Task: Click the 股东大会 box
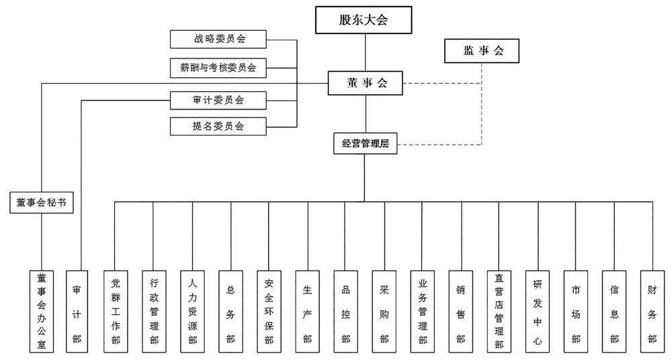tap(364, 20)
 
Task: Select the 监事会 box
tap(482, 52)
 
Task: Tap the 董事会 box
tap(367, 83)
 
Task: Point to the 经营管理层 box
tap(365, 144)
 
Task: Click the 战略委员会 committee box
tap(218, 40)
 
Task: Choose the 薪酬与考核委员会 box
tap(218, 68)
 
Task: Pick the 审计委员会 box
tap(218, 101)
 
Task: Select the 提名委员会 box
tap(218, 126)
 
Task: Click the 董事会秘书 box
tap(42, 203)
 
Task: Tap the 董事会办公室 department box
tap(42, 311)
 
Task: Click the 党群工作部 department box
tap(115, 311)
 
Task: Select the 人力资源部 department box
tap(192, 311)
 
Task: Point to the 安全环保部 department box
tap(269, 311)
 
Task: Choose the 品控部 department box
tap(345, 311)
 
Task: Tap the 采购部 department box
tap(384, 311)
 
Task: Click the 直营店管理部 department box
tap(499, 311)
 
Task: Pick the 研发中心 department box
tap(537, 311)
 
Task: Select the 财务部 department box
tap(652, 311)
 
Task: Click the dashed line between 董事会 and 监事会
tap(437, 84)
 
